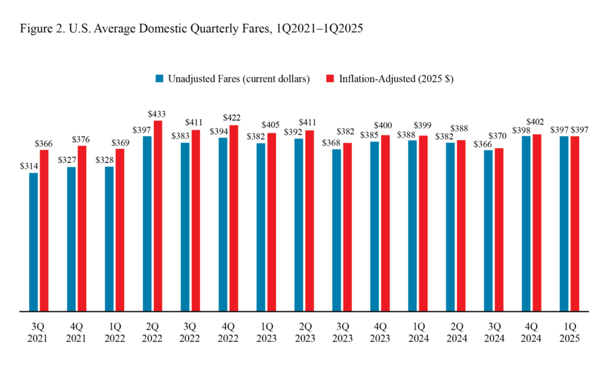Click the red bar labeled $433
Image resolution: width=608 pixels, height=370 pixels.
(158, 215)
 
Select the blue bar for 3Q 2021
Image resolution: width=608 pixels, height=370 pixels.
(33, 242)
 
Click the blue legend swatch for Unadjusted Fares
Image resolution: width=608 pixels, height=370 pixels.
(159, 79)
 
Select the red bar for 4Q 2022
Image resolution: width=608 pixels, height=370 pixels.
(233, 218)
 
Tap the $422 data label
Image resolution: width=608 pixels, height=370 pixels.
(233, 117)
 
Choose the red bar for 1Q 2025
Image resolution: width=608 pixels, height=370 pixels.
(575, 223)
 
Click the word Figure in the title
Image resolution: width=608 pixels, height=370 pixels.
(35, 29)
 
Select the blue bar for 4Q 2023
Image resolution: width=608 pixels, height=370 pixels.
(375, 226)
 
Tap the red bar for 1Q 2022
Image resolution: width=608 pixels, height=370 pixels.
(120, 230)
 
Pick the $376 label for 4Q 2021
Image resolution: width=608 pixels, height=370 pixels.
(82, 139)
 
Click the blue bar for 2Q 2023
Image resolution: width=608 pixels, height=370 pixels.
(299, 224)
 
